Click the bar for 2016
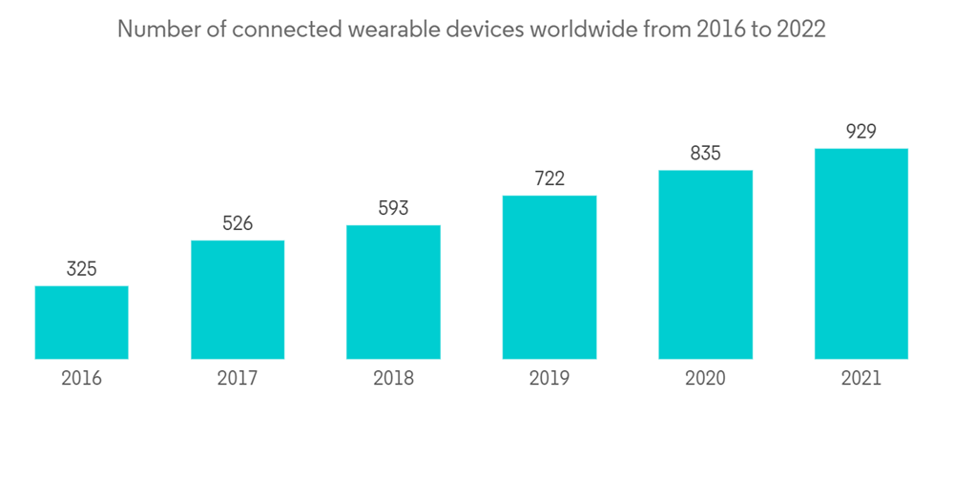pos(81,323)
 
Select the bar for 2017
pos(238,300)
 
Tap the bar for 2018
pos(393,292)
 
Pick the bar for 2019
pos(549,277)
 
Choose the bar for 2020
pos(705,264)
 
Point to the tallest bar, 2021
pos(861,254)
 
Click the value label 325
pos(81,269)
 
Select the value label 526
pos(238,223)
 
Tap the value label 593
pos(393,208)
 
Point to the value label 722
pos(549,178)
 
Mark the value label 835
pos(705,153)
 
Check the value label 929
pos(861,132)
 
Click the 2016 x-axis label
pos(81,379)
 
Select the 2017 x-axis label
pos(238,379)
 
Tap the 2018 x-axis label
pos(393,379)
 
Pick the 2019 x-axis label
pos(549,379)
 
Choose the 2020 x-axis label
pos(705,379)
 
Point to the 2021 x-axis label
pos(861,379)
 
